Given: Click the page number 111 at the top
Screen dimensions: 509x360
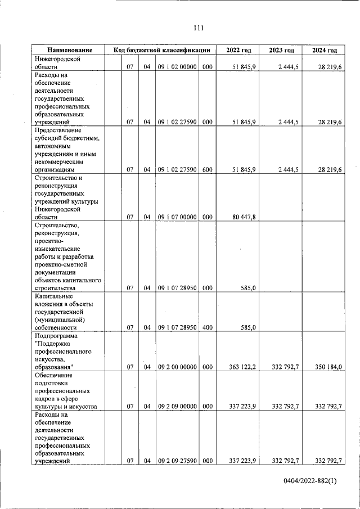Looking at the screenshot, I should (x=197, y=28).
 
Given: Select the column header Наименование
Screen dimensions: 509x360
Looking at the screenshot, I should (x=70, y=51).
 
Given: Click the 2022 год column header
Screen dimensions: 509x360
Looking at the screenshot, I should (x=238, y=51).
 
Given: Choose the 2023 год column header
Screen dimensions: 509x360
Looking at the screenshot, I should (x=281, y=51).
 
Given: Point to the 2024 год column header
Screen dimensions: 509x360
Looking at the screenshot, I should (x=324, y=51).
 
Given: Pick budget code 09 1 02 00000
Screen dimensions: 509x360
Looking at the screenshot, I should (x=176, y=67).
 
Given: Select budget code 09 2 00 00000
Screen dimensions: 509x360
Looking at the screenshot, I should (x=176, y=367).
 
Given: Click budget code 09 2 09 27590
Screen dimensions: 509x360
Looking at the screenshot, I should (x=176, y=461).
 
